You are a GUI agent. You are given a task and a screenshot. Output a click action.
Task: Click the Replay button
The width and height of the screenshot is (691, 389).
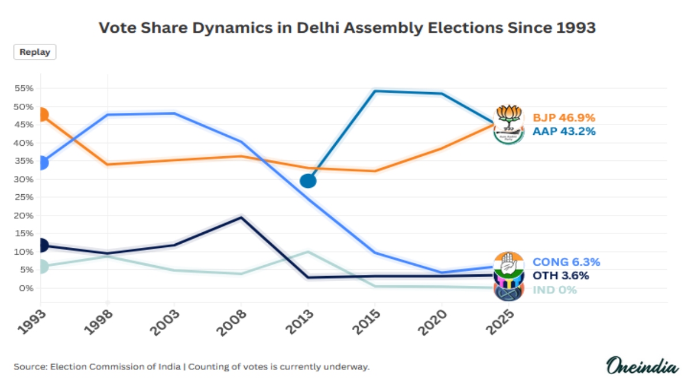click(35, 52)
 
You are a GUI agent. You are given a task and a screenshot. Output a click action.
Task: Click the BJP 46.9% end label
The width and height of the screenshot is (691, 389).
click(564, 118)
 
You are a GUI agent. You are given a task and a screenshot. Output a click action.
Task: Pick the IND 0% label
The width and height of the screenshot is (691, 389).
click(555, 290)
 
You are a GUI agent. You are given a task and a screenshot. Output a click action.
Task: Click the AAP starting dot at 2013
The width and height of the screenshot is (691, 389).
click(308, 181)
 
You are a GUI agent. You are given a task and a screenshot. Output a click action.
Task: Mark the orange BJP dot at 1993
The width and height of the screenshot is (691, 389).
click(40, 115)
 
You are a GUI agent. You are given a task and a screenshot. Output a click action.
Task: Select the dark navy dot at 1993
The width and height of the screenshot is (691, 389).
click(40, 246)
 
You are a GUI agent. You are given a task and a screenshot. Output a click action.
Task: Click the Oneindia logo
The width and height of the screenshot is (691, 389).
click(642, 366)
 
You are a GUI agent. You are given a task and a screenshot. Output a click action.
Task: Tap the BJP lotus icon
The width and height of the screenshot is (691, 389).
click(508, 114)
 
